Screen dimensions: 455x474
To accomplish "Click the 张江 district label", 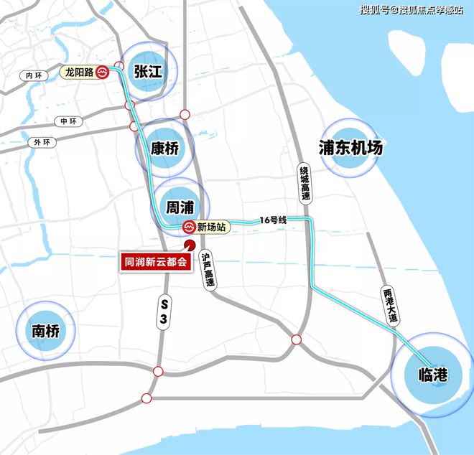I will (x=148, y=71).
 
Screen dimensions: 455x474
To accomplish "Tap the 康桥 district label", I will (x=164, y=149).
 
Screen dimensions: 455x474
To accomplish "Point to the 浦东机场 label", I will (x=350, y=148).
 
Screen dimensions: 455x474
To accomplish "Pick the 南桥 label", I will (x=45, y=331).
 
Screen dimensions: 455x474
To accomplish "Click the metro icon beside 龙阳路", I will (x=103, y=72).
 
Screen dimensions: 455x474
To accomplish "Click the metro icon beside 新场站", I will (x=188, y=227).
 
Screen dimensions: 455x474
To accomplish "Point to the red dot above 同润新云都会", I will (x=188, y=245).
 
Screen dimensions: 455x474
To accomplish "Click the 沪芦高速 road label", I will (x=208, y=269).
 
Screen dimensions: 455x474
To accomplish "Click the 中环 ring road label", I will (x=68, y=121).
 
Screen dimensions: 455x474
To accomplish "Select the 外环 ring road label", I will (x=42, y=141).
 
